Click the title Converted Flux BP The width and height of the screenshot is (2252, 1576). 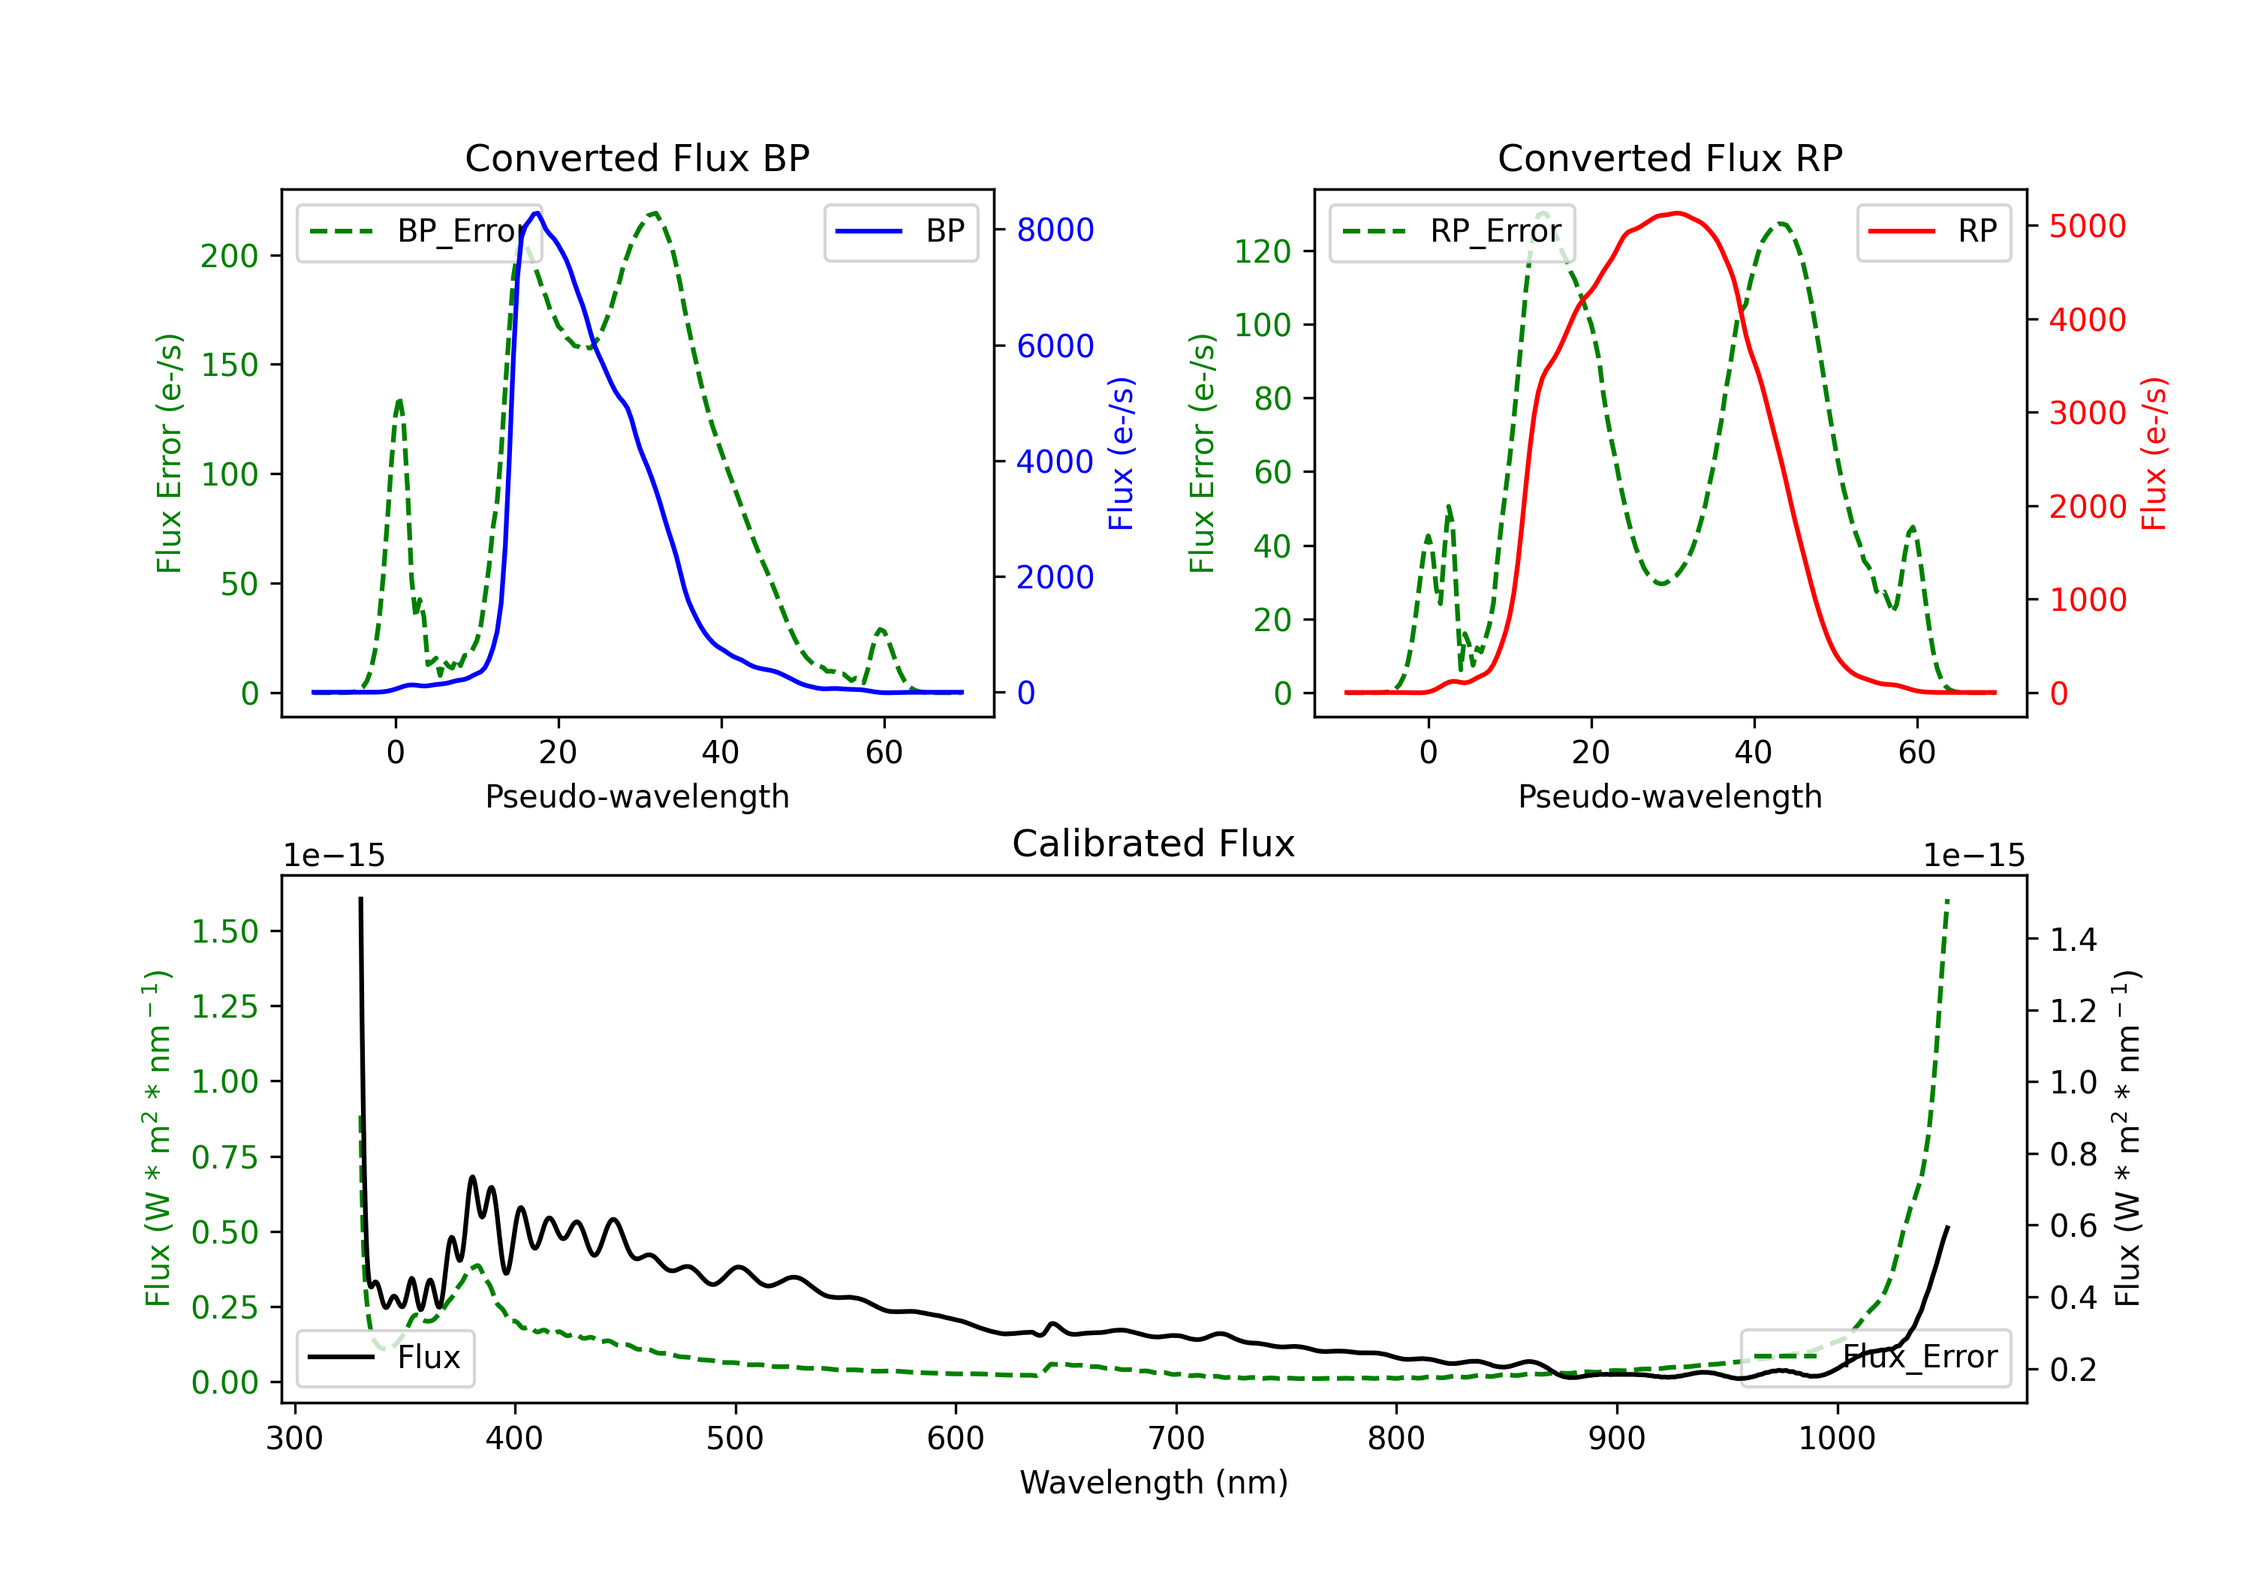tap(637, 158)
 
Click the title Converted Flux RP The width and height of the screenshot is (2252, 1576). tap(1669, 158)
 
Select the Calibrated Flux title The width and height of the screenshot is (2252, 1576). tap(1154, 844)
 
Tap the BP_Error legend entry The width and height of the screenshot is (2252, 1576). tap(419, 231)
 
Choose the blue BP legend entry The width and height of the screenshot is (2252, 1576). tap(900, 231)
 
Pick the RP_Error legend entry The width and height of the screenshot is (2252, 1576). tap(1452, 231)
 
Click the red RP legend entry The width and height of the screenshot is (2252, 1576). tap(1933, 231)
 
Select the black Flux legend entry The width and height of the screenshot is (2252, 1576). tap(384, 1358)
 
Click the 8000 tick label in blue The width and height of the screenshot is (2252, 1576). tap(1055, 230)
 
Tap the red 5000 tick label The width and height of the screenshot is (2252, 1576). tap(2087, 227)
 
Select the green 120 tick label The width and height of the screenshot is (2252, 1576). tap(1261, 251)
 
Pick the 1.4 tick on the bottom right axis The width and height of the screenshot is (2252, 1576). tap(2073, 940)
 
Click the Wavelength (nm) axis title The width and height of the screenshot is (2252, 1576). tap(1154, 1482)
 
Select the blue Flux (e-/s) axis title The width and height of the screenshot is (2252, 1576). tap(1120, 453)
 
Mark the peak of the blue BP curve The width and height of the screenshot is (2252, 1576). tap(537, 213)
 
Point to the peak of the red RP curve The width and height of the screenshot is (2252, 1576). tap(1677, 213)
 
